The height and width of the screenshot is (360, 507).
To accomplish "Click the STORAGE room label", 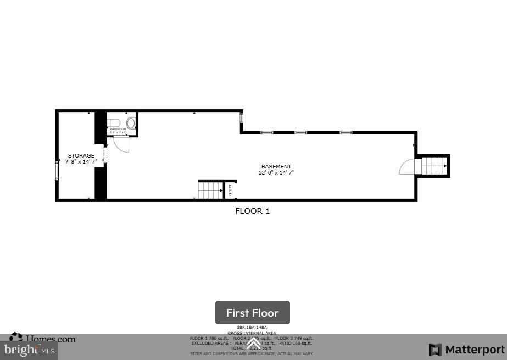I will pos(81,156).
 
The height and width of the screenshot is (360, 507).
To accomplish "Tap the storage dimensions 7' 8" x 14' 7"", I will pos(81,162).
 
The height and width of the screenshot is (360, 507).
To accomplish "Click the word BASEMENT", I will pos(276,166).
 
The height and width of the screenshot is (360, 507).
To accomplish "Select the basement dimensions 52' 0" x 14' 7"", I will pos(276,173).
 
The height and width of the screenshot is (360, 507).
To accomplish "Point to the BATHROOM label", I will pos(118,129).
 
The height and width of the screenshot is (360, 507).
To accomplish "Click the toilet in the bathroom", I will pos(114,122).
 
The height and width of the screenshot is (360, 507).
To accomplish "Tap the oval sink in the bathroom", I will pos(131,122).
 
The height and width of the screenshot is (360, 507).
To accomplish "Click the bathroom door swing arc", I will pos(121,144).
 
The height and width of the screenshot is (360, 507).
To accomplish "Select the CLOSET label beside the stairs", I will pos(230,190).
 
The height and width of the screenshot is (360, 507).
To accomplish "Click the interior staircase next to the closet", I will pos(210,190).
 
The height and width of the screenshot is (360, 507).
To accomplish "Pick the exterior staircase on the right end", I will pos(434,165).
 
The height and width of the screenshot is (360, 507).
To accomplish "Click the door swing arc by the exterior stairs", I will pos(408,166).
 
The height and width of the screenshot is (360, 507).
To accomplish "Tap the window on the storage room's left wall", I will pos(57,169).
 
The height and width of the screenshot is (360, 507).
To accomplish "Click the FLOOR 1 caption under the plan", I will pos(252,211).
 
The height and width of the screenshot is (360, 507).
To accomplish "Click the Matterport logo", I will pos(466,350).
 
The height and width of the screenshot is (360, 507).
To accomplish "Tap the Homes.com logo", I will pos(43,339).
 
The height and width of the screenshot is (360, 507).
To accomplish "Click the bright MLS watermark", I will pos(29,350).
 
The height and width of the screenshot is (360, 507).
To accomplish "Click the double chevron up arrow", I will pos(253,344).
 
